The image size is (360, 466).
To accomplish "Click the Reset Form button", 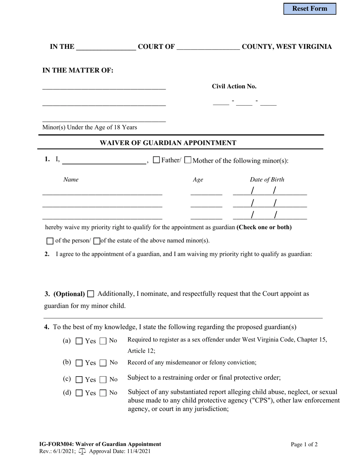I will (x=310, y=9).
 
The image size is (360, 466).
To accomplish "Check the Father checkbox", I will (x=156, y=160).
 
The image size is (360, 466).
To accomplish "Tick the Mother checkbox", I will (x=188, y=160).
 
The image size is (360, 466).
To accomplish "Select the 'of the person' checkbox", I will (x=50, y=241).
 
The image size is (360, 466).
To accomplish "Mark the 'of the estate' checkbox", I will (x=97, y=241).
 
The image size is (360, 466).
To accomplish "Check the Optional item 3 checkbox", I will (x=91, y=294).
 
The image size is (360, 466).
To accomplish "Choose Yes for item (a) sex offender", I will (x=79, y=341).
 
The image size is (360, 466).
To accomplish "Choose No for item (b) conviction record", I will (x=103, y=363).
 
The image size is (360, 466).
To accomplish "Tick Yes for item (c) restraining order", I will (x=79, y=380).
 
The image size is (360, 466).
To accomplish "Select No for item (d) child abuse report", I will (x=103, y=393).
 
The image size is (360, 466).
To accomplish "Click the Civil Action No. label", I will (x=234, y=86).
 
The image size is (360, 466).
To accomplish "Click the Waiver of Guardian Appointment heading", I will (x=168, y=143).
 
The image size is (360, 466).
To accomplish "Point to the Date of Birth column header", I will (x=267, y=180).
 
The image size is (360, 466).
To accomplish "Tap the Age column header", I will (x=198, y=180).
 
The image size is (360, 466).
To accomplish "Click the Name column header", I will (x=71, y=180).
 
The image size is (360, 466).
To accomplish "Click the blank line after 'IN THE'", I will (x=106, y=47).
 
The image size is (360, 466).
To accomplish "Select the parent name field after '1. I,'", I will (x=104, y=161).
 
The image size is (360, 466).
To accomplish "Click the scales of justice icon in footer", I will (x=82, y=451).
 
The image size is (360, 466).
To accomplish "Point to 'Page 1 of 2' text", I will (x=304, y=444).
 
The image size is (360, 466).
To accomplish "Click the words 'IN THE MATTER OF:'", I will (x=78, y=70).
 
